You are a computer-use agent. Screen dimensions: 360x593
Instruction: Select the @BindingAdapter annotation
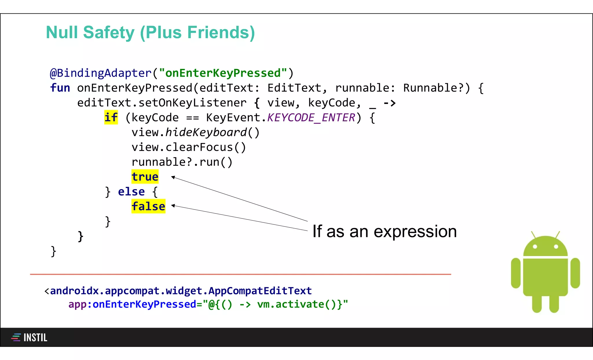(x=100, y=73)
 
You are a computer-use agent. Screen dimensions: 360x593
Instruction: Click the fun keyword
(x=60, y=88)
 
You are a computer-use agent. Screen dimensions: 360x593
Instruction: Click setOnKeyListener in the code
(x=192, y=103)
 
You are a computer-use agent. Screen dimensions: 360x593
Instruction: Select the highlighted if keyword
(x=111, y=118)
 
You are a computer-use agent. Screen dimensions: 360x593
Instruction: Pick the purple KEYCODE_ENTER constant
(x=311, y=118)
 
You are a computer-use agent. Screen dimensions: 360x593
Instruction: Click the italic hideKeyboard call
(x=206, y=132)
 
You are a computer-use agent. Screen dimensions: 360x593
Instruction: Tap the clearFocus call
(x=199, y=147)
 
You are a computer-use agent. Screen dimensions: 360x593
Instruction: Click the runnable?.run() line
(x=182, y=162)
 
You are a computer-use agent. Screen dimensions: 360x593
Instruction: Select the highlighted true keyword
(x=145, y=177)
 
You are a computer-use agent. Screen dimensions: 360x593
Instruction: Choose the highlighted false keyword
(x=148, y=206)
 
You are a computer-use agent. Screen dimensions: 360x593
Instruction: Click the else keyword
(x=131, y=191)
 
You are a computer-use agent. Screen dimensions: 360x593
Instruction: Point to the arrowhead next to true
(x=173, y=177)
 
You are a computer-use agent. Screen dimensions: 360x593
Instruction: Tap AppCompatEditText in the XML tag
(x=260, y=290)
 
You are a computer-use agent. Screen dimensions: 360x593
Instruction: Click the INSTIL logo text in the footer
(x=35, y=337)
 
